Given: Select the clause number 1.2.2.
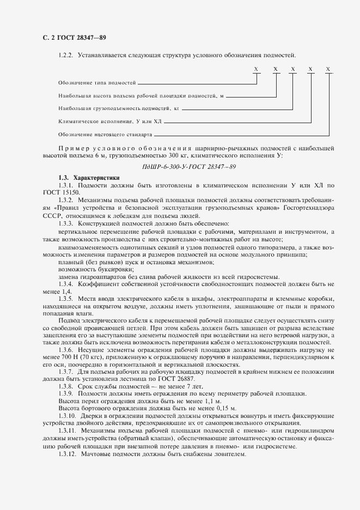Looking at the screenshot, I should [66, 55].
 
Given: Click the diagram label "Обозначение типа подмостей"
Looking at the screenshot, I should [96, 83].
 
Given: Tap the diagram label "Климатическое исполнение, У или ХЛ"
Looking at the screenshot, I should [109, 122].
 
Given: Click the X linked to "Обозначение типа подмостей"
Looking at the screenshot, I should [256, 69].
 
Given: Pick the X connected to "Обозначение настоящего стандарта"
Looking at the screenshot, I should [328, 69].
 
